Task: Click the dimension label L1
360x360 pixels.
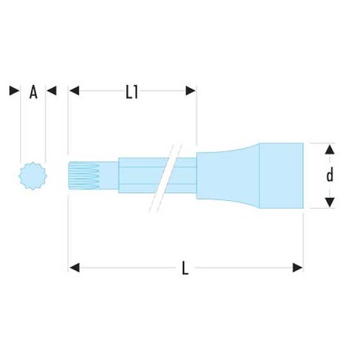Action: [x=132, y=93]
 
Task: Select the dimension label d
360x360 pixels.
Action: [x=330, y=175]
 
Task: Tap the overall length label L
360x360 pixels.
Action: [x=185, y=268]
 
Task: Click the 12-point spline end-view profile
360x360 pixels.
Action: [x=33, y=176]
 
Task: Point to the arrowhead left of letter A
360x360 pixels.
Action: [x=14, y=91]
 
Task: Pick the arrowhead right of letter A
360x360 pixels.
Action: [x=51, y=91]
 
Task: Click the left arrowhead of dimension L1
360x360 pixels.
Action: [x=74, y=91]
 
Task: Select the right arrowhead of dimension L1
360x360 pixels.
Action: [x=191, y=91]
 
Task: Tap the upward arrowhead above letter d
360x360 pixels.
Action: [x=330, y=149]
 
